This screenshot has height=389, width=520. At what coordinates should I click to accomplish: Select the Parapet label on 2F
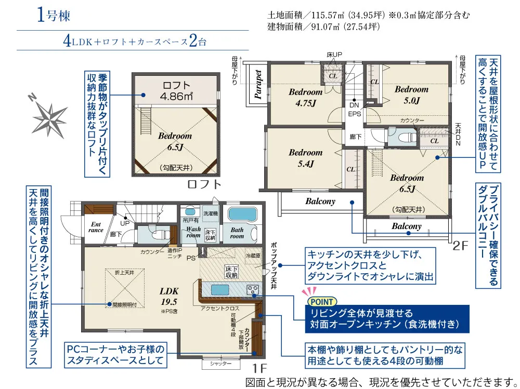click(x=258, y=84)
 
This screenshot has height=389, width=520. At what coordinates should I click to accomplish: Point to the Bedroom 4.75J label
click(x=306, y=97)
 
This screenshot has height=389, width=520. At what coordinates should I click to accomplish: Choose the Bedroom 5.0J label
click(x=411, y=94)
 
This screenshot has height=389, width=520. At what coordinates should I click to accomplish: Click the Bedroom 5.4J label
click(x=306, y=158)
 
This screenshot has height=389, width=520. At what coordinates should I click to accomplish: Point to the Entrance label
click(x=96, y=227)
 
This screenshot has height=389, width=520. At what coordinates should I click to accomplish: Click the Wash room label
click(x=193, y=232)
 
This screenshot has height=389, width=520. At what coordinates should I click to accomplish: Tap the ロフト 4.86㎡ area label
click(x=177, y=90)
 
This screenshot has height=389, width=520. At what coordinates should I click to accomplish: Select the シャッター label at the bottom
click(x=221, y=364)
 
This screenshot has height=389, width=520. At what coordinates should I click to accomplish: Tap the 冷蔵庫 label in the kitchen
click(x=253, y=255)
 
